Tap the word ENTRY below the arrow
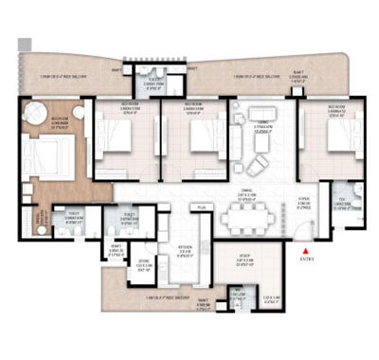coord(305,258)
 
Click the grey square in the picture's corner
coord(24,44)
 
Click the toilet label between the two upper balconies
coord(152,83)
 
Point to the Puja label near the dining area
coord(202,207)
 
